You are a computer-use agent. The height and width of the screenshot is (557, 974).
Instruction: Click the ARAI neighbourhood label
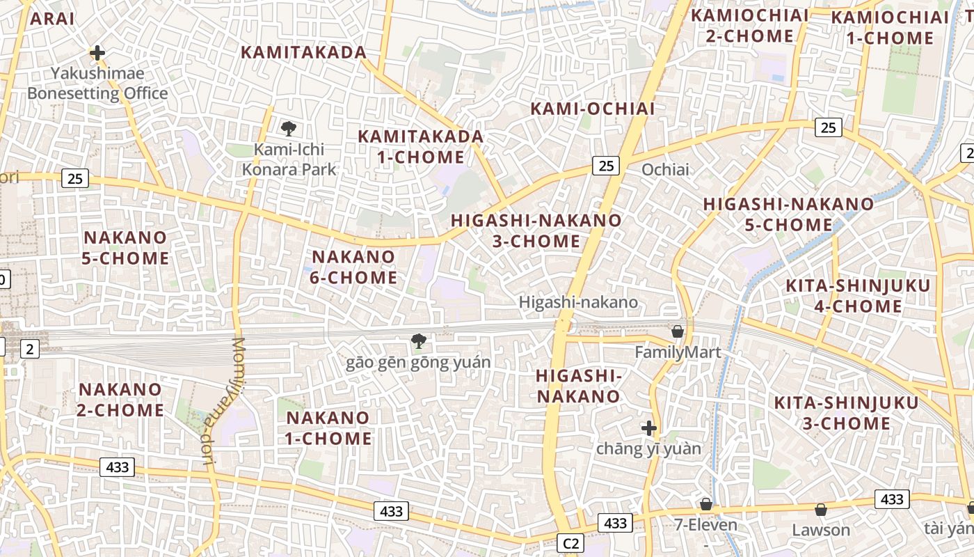tap(52, 19)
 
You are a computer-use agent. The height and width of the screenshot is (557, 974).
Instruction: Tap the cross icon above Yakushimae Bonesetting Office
tap(97, 52)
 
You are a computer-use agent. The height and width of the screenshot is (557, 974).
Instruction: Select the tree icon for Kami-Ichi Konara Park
tap(289, 128)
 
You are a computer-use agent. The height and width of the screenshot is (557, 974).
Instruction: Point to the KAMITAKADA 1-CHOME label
tap(421, 146)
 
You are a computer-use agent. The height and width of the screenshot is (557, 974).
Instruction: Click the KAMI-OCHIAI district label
tap(593, 109)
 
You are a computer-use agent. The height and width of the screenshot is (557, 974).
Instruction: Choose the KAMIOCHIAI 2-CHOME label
tap(749, 26)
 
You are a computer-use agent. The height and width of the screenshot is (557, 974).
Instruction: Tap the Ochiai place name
tap(665, 169)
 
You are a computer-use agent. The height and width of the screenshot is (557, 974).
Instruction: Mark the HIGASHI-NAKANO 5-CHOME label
tap(788, 214)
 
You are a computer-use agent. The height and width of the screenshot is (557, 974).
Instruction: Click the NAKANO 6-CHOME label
tap(354, 267)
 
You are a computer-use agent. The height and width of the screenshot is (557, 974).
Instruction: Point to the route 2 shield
tap(29, 349)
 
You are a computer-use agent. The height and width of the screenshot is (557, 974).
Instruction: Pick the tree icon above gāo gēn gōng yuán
tap(418, 340)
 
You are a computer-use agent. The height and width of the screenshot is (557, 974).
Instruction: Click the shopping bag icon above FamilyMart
tap(678, 331)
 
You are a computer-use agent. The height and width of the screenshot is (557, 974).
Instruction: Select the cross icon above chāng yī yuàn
tap(649, 427)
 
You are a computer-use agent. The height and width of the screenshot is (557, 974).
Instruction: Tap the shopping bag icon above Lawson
tap(821, 510)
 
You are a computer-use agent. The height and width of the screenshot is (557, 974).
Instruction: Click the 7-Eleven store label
tap(705, 524)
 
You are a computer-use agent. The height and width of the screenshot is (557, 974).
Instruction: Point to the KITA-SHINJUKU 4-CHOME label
tap(857, 296)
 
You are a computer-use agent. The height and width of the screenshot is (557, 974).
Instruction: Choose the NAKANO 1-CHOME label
tap(329, 428)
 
